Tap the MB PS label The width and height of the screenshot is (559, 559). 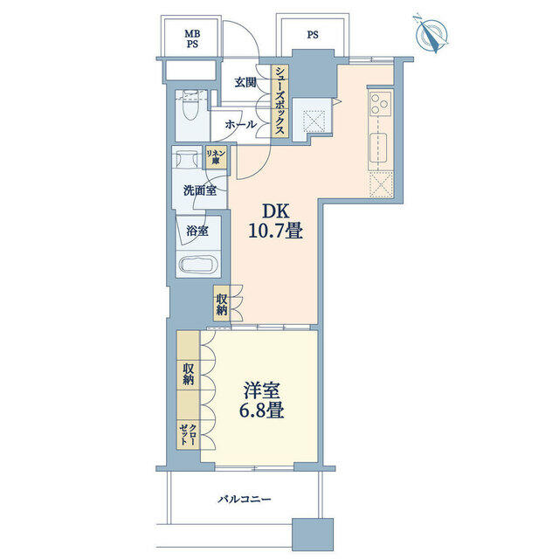click(x=192, y=38)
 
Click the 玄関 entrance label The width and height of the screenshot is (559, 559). click(x=245, y=83)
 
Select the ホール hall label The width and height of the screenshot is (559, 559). click(x=241, y=124)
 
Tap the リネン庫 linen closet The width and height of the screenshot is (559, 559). click(x=216, y=157)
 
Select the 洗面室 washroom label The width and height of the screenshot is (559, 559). click(x=200, y=190)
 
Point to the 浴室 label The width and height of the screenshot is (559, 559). click(x=197, y=231)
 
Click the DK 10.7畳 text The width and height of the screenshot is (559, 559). click(x=276, y=222)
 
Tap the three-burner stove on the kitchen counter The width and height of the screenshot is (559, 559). click(x=379, y=103)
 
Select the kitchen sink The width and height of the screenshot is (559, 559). click(x=380, y=148)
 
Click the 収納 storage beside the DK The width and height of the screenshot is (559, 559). click(x=221, y=303)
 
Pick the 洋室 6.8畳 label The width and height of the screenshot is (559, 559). click(x=261, y=400)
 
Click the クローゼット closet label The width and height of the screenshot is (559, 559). click(x=188, y=434)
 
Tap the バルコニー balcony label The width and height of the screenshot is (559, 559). click(x=245, y=499)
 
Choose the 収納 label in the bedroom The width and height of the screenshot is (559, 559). click(x=189, y=374)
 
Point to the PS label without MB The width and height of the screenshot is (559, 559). click(x=313, y=35)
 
